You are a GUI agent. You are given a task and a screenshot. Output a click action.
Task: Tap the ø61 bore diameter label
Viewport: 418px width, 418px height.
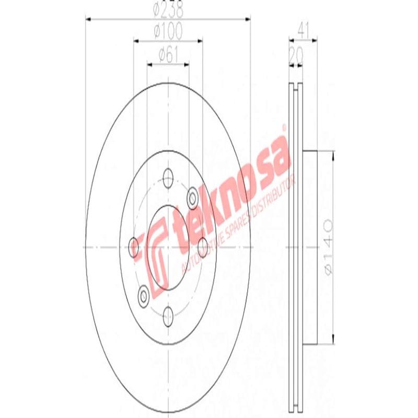pos(168,53)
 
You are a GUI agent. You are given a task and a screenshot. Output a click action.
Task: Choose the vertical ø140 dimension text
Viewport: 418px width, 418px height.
pos(328,246)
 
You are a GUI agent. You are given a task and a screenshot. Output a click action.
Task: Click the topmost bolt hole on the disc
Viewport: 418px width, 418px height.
pos(168,176)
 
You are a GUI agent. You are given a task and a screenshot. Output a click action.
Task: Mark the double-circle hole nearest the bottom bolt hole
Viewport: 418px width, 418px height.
pos(143,297)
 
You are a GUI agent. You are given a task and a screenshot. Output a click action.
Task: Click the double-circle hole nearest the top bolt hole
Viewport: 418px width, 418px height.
pos(193,197)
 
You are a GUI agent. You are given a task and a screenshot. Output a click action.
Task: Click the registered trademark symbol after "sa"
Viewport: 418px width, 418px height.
pos(284,127)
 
